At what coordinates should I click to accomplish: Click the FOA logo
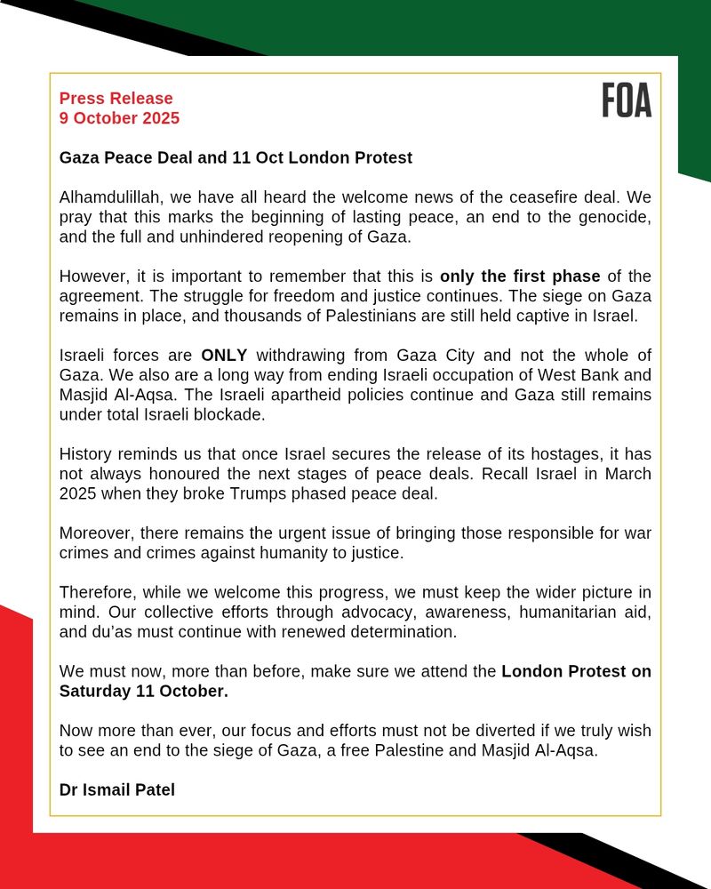tap(627, 100)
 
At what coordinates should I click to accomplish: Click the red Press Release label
tap(116, 99)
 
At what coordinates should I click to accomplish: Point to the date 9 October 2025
tap(119, 118)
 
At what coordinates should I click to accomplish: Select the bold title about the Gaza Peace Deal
tap(236, 158)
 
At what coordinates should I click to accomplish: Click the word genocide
tap(615, 217)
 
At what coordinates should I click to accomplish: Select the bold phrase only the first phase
tap(520, 276)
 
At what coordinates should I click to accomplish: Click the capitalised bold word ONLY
tap(224, 355)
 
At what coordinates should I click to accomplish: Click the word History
tap(86, 453)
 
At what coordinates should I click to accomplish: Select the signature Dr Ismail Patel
tap(117, 789)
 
